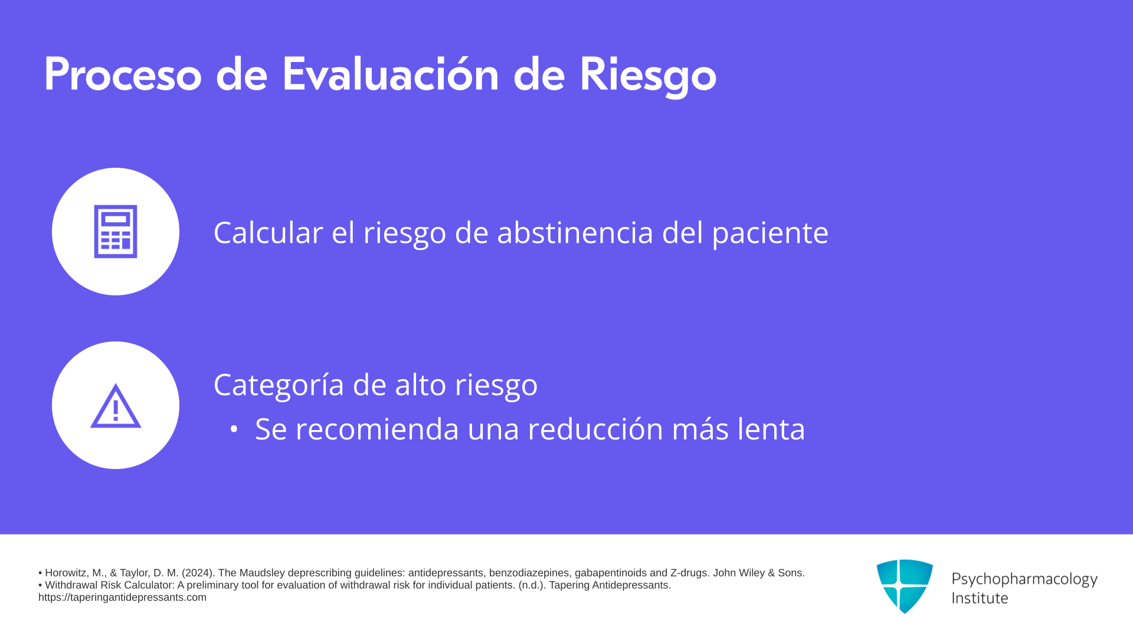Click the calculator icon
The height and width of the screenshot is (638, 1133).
[x=116, y=232]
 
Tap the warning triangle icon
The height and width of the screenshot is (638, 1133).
[x=116, y=406]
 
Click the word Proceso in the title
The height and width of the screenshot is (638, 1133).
[x=123, y=75]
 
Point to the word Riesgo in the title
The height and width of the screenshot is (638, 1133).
[x=648, y=77]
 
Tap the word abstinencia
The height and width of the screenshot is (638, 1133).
[x=575, y=232]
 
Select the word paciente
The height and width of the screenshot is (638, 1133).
[x=770, y=235]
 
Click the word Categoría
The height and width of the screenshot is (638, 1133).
[x=279, y=385]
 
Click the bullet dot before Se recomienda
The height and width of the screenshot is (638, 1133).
[x=234, y=429]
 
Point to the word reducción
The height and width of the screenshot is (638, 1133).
[x=595, y=428]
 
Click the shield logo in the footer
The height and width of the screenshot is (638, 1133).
[x=905, y=586]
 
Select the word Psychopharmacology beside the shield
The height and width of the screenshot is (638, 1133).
[x=1024, y=580]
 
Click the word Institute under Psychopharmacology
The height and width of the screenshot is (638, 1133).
[x=980, y=598]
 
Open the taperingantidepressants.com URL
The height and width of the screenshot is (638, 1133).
[x=123, y=597]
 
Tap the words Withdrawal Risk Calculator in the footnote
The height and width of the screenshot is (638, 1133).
[x=108, y=585]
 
